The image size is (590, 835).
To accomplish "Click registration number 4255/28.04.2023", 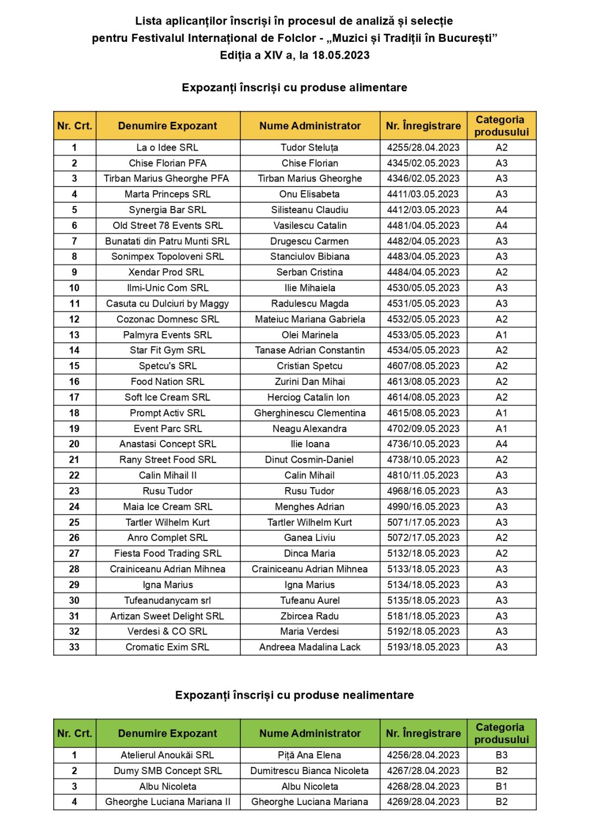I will [x=423, y=147].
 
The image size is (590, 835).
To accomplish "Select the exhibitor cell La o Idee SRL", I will [x=167, y=147].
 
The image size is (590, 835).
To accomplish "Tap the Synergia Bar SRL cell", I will [x=167, y=210].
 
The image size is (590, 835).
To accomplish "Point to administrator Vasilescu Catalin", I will [x=309, y=226].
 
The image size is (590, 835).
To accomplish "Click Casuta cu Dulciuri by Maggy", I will [x=167, y=304].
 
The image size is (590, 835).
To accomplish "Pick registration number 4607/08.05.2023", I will [x=423, y=366].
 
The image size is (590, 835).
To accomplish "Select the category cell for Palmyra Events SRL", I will [x=501, y=335].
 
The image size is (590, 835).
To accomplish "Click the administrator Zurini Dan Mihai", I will [x=309, y=382].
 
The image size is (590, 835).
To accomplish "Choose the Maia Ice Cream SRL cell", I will [x=167, y=507].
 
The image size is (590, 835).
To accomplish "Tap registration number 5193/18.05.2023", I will [x=423, y=647].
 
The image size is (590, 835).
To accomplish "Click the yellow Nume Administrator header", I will [x=309, y=126].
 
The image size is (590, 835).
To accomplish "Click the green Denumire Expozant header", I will [x=167, y=733].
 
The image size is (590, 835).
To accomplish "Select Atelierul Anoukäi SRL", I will [x=167, y=755].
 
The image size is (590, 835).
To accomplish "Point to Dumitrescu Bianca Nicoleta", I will [x=309, y=771].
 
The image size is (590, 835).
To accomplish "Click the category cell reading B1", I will [x=501, y=787].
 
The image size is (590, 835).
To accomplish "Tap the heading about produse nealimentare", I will [x=294, y=695].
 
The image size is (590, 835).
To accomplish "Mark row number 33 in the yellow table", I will [x=74, y=647].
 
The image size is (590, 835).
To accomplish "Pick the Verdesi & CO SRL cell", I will [x=167, y=631].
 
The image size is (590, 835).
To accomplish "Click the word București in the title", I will [x=467, y=38].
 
